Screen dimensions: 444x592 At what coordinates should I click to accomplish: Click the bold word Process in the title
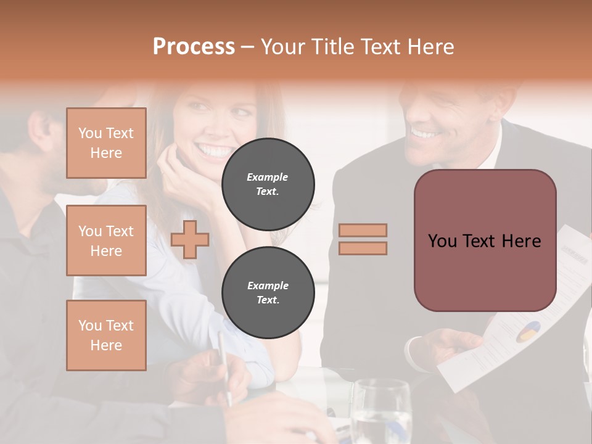click(x=194, y=46)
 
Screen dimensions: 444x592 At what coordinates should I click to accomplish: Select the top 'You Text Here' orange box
click(x=106, y=143)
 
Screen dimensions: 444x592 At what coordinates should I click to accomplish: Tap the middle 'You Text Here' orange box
click(x=106, y=240)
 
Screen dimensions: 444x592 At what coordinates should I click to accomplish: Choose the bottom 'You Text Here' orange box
click(x=106, y=335)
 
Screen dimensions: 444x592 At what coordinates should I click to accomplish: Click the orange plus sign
click(x=190, y=239)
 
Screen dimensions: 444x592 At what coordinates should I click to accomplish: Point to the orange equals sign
click(x=363, y=239)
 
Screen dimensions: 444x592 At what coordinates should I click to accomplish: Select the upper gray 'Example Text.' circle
click(x=268, y=184)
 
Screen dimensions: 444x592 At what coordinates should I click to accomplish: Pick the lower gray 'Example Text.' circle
click(x=268, y=292)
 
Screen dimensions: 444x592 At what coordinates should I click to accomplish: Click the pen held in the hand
click(x=223, y=364)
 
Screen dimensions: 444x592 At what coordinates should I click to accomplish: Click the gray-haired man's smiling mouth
click(x=424, y=133)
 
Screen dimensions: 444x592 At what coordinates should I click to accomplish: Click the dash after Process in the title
click(x=248, y=47)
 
